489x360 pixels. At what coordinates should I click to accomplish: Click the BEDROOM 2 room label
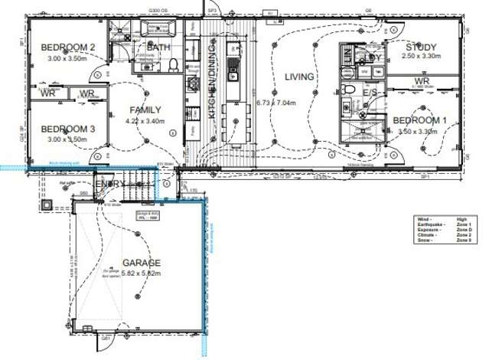tap(68, 47)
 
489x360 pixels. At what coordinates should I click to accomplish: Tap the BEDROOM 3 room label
tap(68, 129)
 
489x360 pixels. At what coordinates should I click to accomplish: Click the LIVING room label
tap(300, 77)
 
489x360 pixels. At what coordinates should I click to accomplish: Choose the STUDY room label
tap(422, 47)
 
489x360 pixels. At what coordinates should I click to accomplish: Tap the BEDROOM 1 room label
tap(420, 120)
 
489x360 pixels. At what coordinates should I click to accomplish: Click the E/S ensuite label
tap(371, 93)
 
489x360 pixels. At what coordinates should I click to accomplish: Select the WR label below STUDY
tap(422, 81)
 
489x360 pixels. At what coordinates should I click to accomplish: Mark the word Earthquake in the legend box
tap(428, 223)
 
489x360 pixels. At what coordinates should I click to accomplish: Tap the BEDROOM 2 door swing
tap(99, 73)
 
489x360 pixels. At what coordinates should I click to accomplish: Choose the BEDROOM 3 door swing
tap(99, 157)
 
